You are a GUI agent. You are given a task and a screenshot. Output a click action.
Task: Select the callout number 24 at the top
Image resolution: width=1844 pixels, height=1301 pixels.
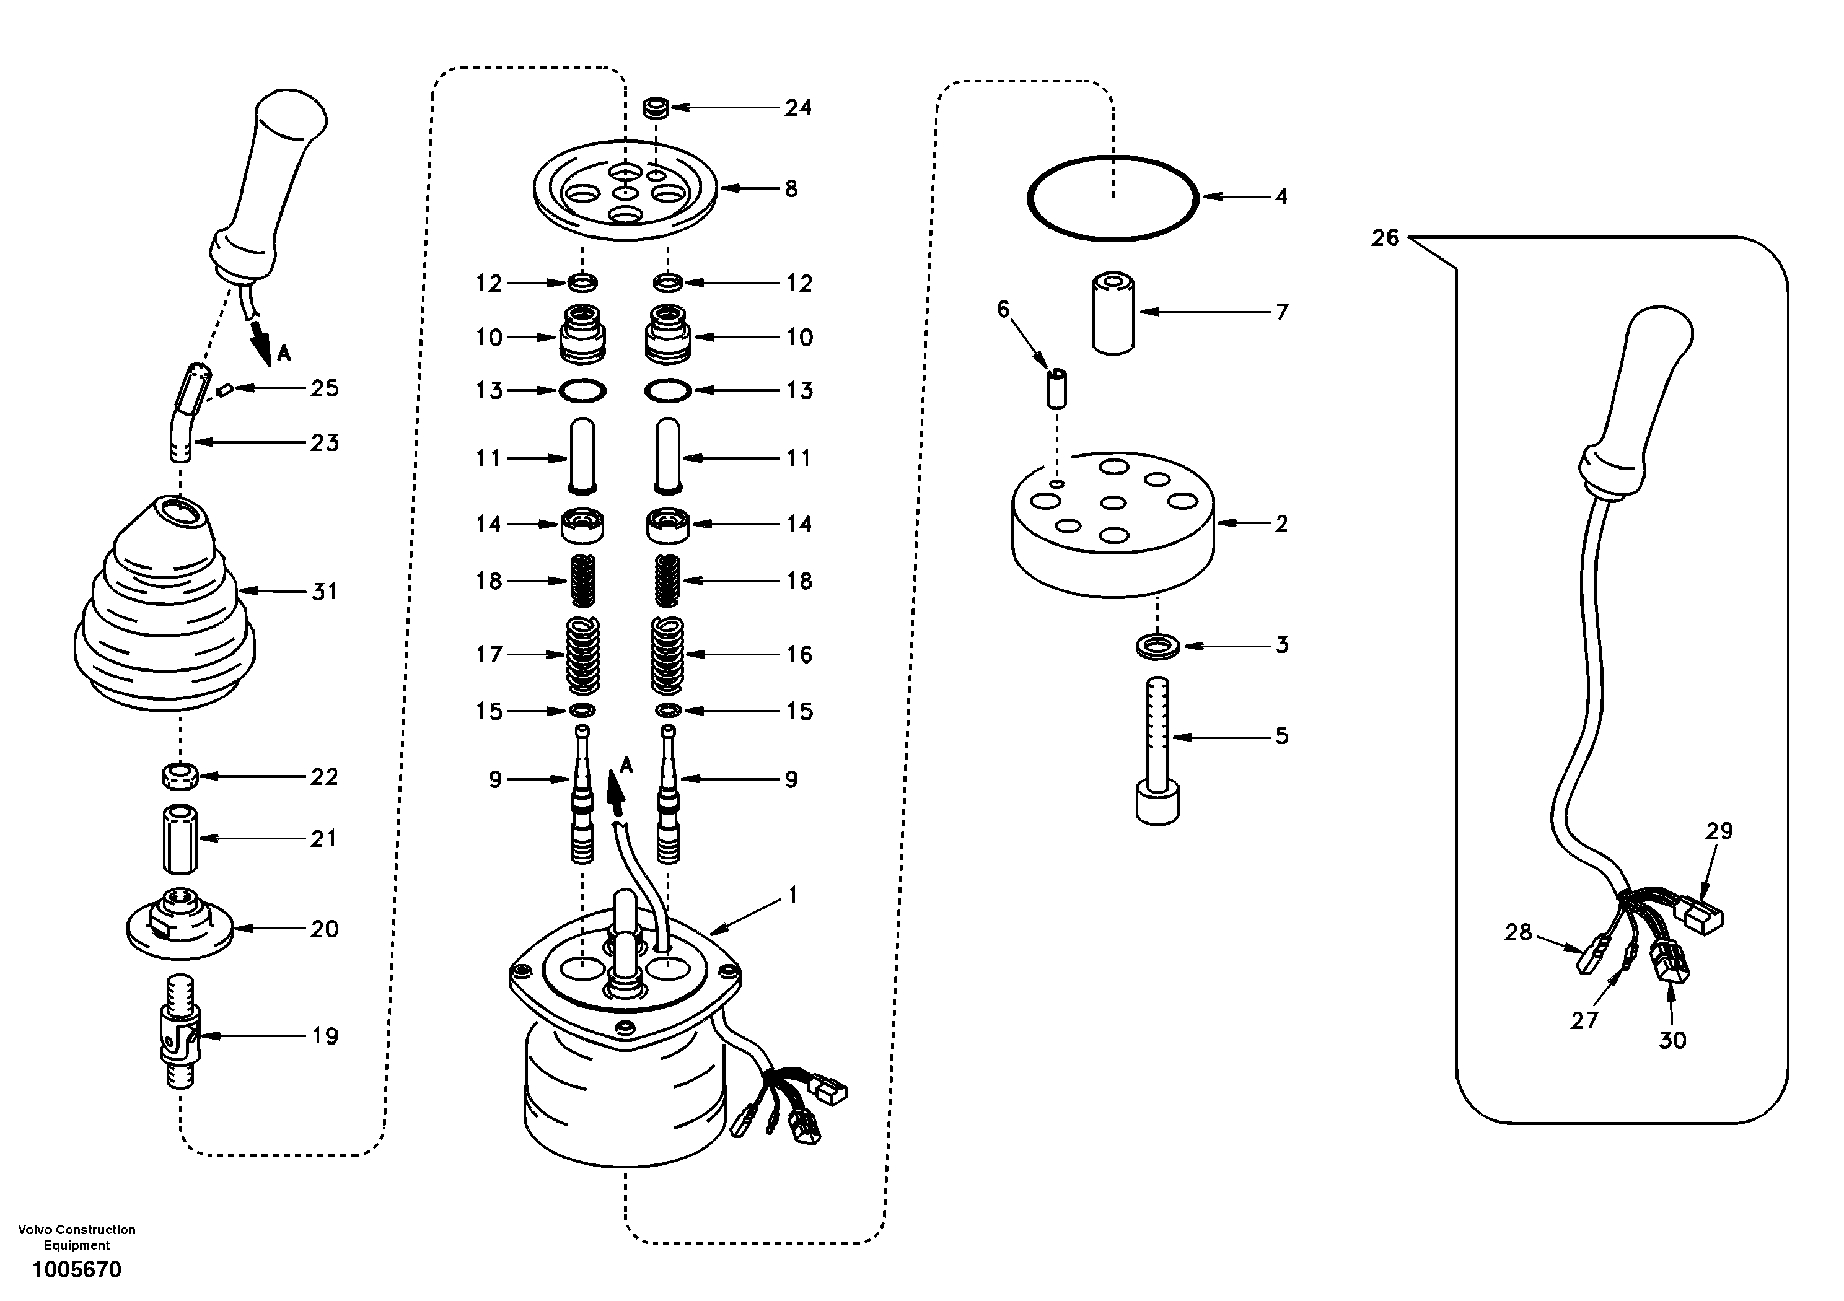797,108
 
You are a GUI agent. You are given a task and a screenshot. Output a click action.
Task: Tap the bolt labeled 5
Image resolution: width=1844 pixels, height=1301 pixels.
1158,747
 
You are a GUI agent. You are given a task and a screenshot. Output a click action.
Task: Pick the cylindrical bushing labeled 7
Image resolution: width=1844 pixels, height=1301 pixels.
1113,313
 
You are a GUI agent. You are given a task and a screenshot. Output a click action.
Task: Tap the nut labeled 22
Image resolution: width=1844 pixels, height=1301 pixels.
180,777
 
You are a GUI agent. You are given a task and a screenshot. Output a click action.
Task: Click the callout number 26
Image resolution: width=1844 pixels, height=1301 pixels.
1385,238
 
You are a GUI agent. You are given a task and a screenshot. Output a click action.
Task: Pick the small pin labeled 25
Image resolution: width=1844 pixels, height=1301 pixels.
224,390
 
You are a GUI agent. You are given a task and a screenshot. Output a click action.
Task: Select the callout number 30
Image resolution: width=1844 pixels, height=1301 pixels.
1672,1040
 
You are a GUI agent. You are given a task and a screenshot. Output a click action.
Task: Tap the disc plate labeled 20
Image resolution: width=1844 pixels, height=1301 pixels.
180,929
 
